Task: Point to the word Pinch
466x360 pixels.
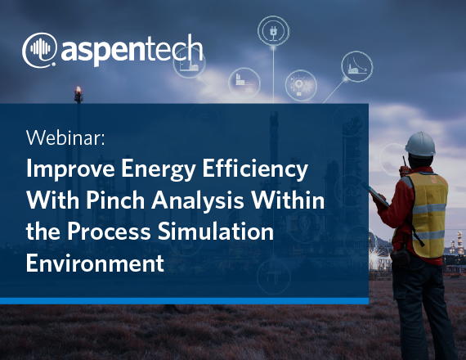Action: coord(115,200)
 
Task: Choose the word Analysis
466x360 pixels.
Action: coord(198,201)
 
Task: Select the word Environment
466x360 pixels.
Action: coord(95,263)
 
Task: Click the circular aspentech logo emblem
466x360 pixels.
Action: coord(39,50)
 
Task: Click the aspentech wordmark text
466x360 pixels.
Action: coord(132,50)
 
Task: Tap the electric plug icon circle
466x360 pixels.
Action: coord(273,30)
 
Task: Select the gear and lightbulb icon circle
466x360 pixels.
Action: coord(301,85)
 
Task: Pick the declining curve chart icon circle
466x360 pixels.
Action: coord(357,66)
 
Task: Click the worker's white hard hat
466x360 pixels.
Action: coord(420,144)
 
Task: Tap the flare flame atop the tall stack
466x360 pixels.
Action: coord(78,89)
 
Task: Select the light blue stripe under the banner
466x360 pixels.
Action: coord(184,301)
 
